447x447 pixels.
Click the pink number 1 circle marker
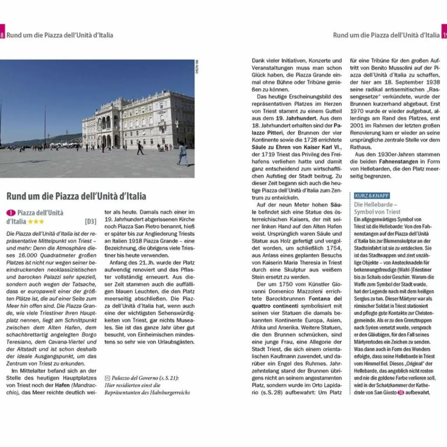[x=11, y=213]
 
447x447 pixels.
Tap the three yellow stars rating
[x=36, y=222]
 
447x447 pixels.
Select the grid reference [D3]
[x=90, y=222]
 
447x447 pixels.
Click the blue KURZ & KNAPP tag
[x=372, y=196]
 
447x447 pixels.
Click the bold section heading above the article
[x=76, y=196]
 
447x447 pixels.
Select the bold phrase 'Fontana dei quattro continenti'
[x=297, y=302]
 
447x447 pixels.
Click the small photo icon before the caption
[x=107, y=378]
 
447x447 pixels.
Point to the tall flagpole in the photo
[x=45, y=127]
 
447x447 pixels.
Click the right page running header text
[x=386, y=35]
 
